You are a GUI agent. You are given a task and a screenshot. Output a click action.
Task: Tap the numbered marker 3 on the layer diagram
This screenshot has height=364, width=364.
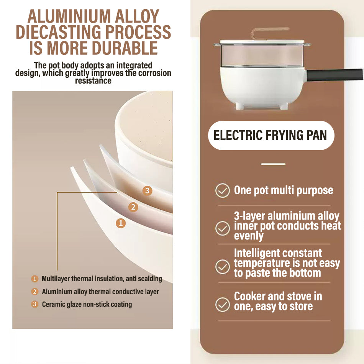pos(147,191)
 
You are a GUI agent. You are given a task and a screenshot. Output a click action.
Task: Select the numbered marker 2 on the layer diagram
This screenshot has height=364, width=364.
pos(133,207)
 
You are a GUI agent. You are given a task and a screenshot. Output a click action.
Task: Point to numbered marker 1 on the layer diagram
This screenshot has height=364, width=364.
pos(121,223)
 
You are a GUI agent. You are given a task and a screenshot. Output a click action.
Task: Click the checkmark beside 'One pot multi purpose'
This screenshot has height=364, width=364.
pos(222,190)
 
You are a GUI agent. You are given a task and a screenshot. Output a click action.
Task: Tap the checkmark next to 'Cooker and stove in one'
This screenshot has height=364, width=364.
pos(222,304)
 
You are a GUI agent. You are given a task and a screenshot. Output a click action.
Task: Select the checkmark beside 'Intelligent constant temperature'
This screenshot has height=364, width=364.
pos(222,267)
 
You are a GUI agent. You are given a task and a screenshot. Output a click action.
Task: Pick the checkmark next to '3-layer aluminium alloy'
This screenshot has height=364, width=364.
pos(222,228)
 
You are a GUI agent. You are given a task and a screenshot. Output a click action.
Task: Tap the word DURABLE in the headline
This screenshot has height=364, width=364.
pos(125,48)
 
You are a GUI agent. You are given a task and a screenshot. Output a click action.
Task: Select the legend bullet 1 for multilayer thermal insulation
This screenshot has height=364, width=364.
pos(34,279)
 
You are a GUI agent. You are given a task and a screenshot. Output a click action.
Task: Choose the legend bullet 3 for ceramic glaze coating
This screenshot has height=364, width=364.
pos(34,304)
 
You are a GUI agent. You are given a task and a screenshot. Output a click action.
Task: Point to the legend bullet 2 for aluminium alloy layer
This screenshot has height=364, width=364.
pos(34,291)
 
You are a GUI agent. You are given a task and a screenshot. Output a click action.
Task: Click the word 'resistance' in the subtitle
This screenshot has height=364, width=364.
pos(93,81)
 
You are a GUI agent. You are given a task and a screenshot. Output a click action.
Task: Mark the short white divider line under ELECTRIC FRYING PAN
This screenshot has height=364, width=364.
pos(273,164)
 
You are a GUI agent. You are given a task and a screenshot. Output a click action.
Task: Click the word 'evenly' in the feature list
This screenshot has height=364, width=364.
pos(249,236)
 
